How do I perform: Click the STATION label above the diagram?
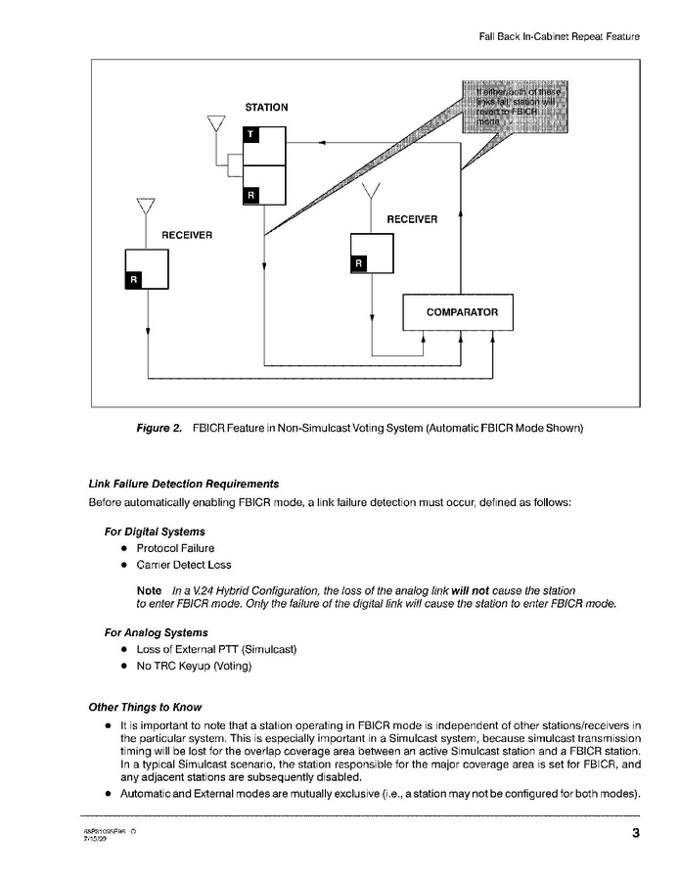point(266,107)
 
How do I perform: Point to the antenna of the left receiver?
point(146,208)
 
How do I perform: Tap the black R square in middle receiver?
point(359,263)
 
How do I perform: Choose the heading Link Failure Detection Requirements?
point(184,484)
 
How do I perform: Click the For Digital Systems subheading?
point(155,532)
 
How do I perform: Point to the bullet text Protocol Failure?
point(175,548)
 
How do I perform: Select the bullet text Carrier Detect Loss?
point(184,566)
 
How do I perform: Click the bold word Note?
point(149,591)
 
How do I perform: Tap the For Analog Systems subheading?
point(157,632)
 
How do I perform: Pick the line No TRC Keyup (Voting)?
point(194,667)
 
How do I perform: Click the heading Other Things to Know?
point(146,707)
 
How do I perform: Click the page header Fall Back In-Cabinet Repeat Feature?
point(559,36)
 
